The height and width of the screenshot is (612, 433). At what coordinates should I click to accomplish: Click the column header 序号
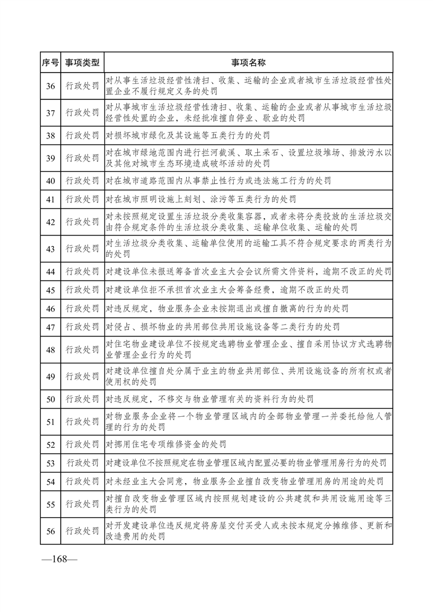point(50,63)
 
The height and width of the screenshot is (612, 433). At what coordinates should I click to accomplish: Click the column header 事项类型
point(82,63)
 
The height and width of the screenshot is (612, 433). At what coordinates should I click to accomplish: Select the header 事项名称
point(248,63)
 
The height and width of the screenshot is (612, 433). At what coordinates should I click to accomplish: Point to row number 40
point(50,181)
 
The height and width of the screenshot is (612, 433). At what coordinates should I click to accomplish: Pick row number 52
point(50,445)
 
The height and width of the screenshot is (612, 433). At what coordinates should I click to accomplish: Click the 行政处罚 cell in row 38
point(82,135)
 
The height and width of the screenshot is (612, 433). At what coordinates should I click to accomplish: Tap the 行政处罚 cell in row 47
point(82,327)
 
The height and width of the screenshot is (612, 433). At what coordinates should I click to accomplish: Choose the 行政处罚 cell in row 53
point(82,464)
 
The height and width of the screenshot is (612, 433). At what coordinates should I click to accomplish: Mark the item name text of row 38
point(188,135)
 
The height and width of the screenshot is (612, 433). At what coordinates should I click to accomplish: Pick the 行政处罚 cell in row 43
point(82,249)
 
